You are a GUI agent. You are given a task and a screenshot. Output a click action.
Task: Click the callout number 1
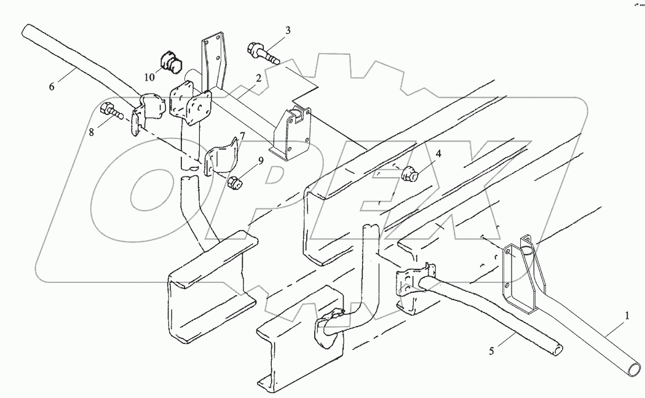point(627,316)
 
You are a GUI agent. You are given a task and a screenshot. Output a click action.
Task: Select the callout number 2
point(259,78)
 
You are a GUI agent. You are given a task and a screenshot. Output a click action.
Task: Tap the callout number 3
point(287,30)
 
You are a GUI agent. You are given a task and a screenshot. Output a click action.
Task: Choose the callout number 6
point(52,87)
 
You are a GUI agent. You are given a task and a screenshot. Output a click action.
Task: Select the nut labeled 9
point(234,182)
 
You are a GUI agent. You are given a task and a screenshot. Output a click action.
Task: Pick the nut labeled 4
point(410,176)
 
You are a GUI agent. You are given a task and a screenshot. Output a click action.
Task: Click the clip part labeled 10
point(170,62)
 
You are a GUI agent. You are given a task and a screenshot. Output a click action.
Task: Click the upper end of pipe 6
point(30,30)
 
